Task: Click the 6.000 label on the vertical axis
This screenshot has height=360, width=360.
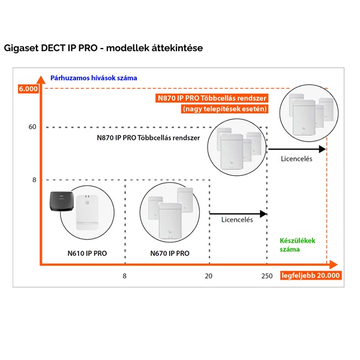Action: click(x=28, y=89)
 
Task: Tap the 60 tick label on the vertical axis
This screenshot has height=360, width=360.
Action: click(x=32, y=127)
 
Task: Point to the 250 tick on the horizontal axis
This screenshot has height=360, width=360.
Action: click(x=266, y=276)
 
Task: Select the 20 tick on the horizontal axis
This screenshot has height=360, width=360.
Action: click(x=209, y=276)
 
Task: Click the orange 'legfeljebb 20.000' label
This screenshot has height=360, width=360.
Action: click(x=311, y=276)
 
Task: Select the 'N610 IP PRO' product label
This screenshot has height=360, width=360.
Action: click(x=87, y=254)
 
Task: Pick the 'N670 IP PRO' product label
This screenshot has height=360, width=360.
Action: click(x=170, y=254)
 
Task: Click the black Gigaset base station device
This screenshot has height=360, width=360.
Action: click(x=64, y=205)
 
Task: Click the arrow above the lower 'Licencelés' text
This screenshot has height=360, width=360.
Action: click(x=237, y=213)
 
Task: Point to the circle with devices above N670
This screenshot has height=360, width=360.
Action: click(x=170, y=212)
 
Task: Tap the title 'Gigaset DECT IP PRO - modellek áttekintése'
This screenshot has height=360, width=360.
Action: click(x=104, y=46)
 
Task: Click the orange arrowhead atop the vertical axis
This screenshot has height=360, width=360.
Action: click(x=41, y=78)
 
